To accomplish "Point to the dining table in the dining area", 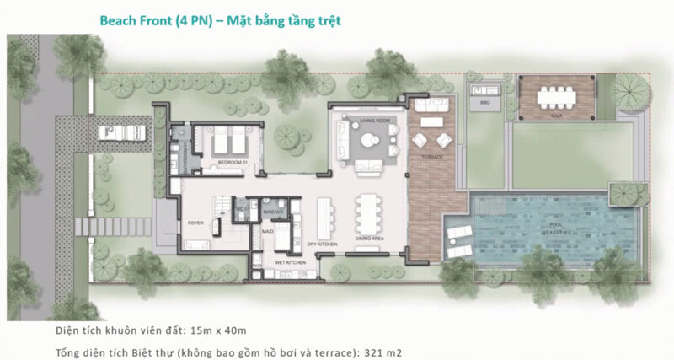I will [368, 214].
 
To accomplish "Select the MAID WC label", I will [271, 210].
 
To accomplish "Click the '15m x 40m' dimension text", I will [217, 329].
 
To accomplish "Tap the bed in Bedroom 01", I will [225, 138].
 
